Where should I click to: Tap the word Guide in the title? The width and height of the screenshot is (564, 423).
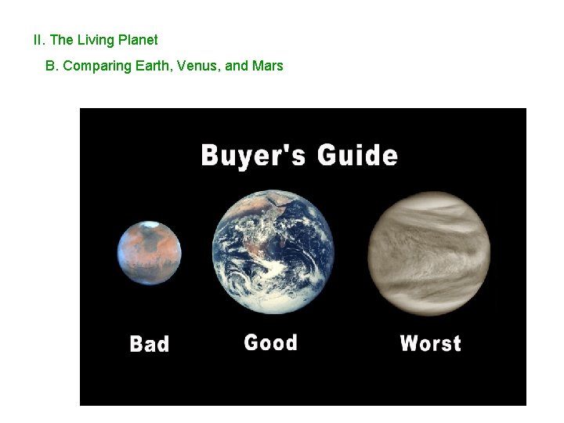click(x=357, y=154)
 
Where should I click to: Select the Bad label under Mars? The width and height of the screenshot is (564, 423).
click(x=149, y=344)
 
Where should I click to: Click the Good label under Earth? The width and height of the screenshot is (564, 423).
click(x=270, y=342)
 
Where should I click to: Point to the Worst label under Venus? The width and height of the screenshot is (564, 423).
click(x=430, y=343)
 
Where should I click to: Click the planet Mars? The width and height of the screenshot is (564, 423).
click(x=150, y=253)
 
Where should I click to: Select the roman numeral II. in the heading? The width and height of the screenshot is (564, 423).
click(x=39, y=40)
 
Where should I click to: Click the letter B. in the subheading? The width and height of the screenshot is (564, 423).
click(x=52, y=66)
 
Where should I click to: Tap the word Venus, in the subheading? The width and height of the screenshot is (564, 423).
click(x=197, y=66)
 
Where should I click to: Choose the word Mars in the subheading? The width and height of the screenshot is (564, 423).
click(x=267, y=66)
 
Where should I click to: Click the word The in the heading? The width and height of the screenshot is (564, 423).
click(x=61, y=40)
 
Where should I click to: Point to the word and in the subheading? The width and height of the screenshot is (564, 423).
click(x=235, y=66)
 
